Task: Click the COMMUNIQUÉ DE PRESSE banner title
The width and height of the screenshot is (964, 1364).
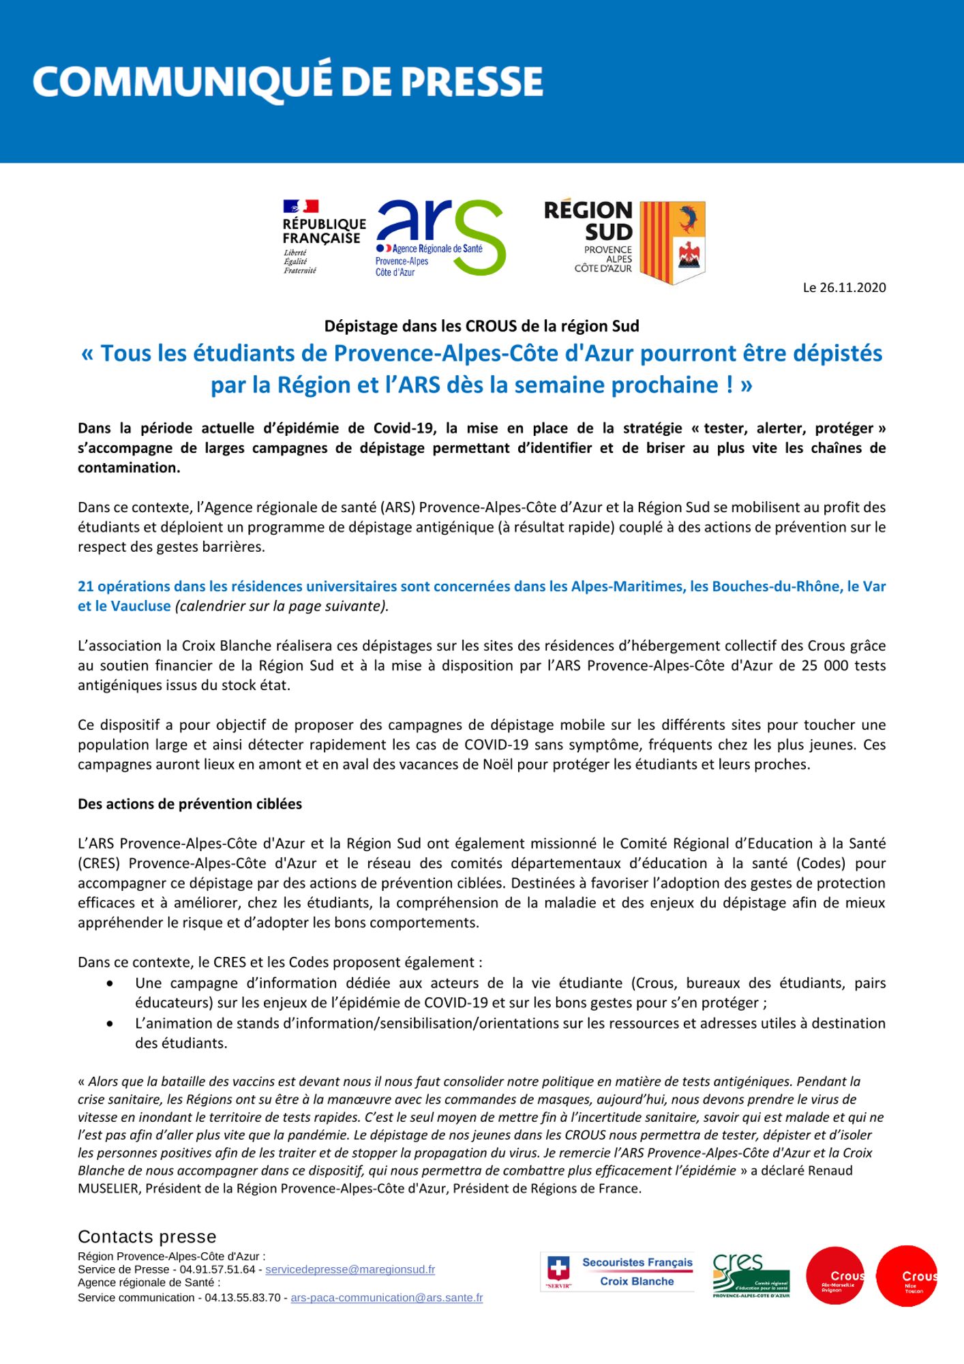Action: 288,82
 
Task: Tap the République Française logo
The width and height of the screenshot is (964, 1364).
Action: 323,236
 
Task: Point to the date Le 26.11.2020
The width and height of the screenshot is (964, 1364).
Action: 844,288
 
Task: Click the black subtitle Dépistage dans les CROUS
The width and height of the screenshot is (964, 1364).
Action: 481,326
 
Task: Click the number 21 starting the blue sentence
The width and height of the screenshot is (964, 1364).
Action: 85,587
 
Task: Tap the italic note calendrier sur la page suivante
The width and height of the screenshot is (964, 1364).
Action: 282,606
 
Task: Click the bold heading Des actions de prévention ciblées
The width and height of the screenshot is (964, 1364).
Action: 190,804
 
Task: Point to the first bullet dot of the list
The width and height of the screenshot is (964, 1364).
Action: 110,983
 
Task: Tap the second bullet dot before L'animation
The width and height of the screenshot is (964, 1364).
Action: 110,1024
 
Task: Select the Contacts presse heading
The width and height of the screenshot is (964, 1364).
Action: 147,1237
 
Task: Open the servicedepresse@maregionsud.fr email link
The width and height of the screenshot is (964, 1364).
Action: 350,1270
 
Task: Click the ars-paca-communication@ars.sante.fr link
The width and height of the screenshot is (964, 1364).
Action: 387,1298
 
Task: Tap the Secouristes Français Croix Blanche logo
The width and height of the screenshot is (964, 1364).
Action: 618,1272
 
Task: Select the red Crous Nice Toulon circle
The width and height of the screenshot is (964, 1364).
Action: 907,1276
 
